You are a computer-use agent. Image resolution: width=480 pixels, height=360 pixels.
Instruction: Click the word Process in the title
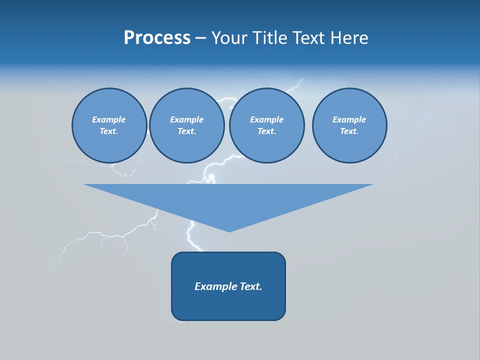coord(157,38)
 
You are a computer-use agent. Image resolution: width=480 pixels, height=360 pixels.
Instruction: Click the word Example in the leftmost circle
coord(109,119)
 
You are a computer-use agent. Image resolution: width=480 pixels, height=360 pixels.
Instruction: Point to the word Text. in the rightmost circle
coord(349,131)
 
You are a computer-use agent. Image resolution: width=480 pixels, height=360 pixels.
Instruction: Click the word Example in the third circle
coord(266,119)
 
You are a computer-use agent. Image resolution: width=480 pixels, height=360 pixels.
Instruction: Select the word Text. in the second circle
coord(186,131)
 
